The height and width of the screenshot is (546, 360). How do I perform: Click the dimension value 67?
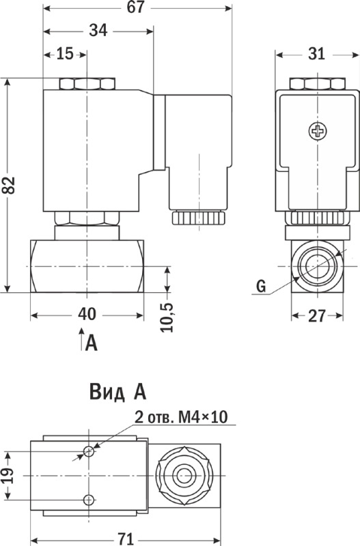pyautogui.click(x=135, y=8)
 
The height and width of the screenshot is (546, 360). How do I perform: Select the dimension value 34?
pyautogui.click(x=98, y=31)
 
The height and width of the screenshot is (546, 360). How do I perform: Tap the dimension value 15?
pyautogui.click(x=65, y=54)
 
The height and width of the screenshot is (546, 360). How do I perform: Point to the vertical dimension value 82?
pyautogui.click(x=9, y=185)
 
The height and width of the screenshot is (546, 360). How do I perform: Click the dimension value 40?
pyautogui.click(x=87, y=315)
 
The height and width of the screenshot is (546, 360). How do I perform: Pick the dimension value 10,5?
pyautogui.click(x=167, y=317)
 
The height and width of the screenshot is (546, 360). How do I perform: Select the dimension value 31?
pyautogui.click(x=316, y=54)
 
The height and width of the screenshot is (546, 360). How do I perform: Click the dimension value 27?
pyautogui.click(x=317, y=316)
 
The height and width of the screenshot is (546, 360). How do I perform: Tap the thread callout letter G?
pyautogui.click(x=261, y=286)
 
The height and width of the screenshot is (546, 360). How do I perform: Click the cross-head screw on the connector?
pyautogui.click(x=318, y=131)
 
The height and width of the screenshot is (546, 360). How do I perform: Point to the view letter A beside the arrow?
pyautogui.click(x=92, y=343)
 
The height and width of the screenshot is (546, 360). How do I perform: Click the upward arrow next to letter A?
pyautogui.click(x=81, y=339)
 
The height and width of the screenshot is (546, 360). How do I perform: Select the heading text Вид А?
pyautogui.click(x=117, y=392)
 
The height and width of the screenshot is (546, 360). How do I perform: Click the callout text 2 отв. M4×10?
pyautogui.click(x=181, y=417)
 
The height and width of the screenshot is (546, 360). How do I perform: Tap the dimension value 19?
pyautogui.click(x=8, y=476)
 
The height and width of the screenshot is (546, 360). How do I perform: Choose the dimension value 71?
pyautogui.click(x=125, y=539)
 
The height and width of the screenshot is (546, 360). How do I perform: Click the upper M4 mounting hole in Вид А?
pyautogui.click(x=89, y=452)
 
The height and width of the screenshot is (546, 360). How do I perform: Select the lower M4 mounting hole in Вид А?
pyautogui.click(x=89, y=500)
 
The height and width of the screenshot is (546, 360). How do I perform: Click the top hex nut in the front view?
pyautogui.click(x=87, y=84)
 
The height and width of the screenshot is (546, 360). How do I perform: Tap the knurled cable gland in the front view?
pyautogui.click(x=198, y=218)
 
